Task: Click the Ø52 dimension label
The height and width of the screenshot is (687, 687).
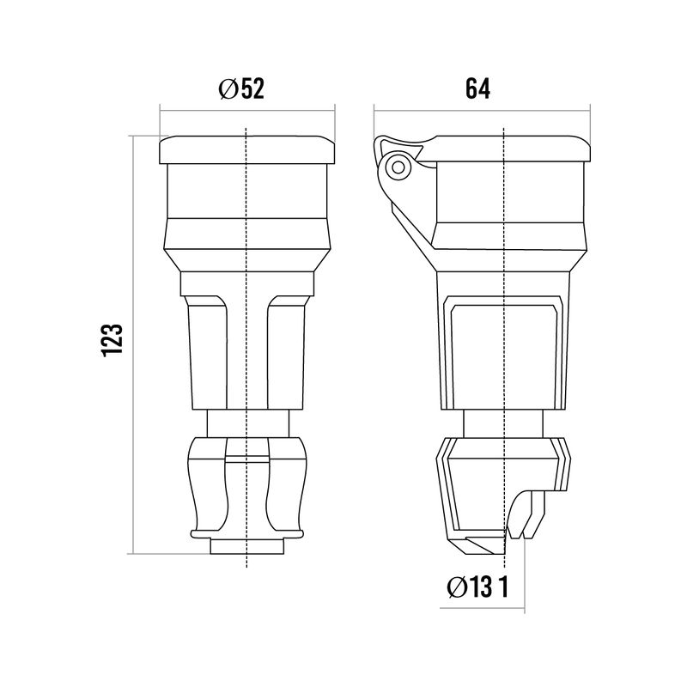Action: coord(241,89)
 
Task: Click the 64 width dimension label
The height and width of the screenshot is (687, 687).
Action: coord(477,89)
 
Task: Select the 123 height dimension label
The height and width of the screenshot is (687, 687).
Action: coord(112,341)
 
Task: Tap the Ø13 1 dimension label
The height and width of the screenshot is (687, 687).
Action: coord(477,587)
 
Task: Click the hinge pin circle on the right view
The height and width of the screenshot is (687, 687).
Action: coord(398,167)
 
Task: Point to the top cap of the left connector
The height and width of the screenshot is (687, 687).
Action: coord(247,149)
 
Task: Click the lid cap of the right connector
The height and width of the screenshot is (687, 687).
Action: coord(508,149)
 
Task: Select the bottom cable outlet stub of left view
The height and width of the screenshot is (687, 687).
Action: coord(247,546)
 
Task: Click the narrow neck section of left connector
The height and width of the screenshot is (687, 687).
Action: coord(248,423)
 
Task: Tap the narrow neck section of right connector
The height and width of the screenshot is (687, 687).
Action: coord(503,423)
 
